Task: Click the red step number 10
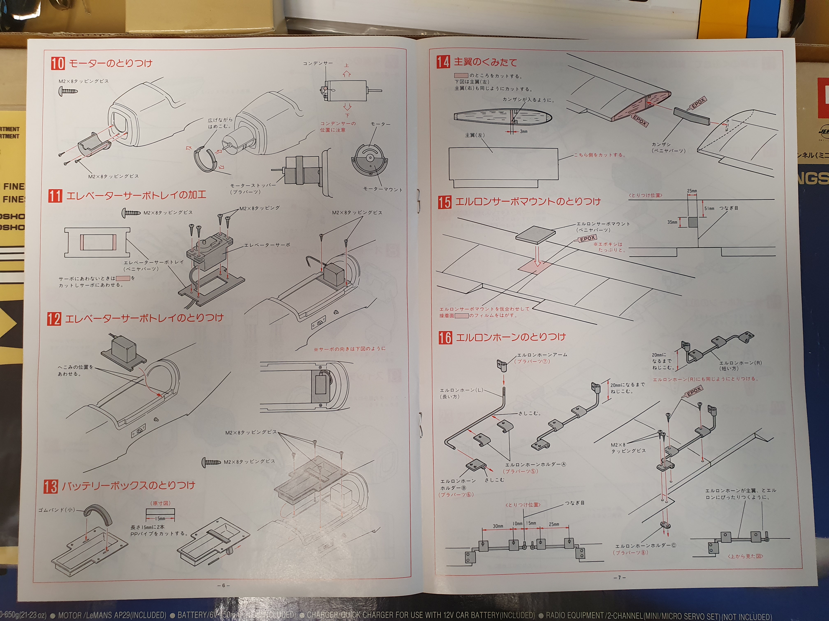(x=58, y=63)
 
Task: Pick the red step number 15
(x=445, y=202)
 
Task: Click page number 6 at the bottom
(x=223, y=585)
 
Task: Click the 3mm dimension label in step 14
(x=523, y=131)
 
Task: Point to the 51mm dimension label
(x=709, y=208)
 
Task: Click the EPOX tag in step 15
(x=587, y=238)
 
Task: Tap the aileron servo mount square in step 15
(x=535, y=235)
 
